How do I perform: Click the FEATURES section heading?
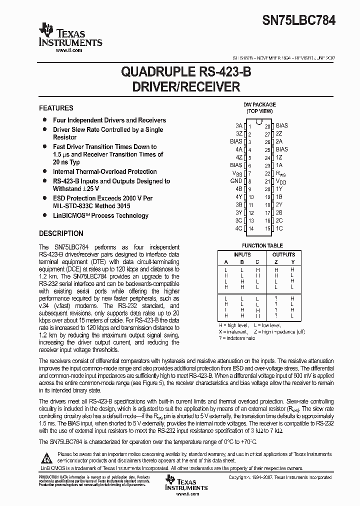(x=56, y=108)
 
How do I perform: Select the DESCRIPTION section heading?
(x=61, y=233)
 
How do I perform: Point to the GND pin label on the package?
(x=236, y=181)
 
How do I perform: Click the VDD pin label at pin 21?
(x=281, y=181)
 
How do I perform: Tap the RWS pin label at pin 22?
(x=281, y=173)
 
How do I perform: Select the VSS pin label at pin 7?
(x=237, y=173)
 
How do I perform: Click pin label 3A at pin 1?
(x=238, y=125)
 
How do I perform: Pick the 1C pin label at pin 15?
(x=279, y=228)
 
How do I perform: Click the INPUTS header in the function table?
(x=242, y=254)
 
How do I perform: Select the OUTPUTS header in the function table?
(x=283, y=254)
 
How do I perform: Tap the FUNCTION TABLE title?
(x=262, y=245)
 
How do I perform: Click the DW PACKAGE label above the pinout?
(x=259, y=104)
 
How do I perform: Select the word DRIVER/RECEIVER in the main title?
(x=186, y=87)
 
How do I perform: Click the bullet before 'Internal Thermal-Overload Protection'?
(x=44, y=171)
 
